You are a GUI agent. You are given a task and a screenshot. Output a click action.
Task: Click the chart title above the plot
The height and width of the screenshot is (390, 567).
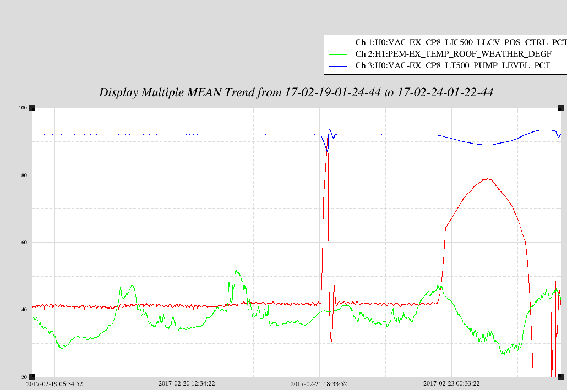tap(296, 92)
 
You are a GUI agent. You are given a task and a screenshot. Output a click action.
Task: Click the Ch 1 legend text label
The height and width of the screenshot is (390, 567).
tap(461, 42)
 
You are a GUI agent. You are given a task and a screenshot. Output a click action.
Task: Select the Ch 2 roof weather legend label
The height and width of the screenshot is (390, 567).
tap(454, 54)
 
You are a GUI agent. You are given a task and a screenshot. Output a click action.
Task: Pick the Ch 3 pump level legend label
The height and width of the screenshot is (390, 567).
tap(452, 65)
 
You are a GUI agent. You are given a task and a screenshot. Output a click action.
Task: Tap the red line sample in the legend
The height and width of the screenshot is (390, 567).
tap(338, 43)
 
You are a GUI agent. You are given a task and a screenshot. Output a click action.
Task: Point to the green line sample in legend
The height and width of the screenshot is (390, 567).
tap(338, 54)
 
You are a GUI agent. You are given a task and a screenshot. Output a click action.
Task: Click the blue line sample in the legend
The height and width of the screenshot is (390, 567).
tap(338, 66)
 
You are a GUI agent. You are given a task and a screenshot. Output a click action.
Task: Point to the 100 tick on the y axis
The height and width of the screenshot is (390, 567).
tap(23, 108)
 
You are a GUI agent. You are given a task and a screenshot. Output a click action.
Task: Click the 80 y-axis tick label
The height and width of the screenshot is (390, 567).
tap(24, 175)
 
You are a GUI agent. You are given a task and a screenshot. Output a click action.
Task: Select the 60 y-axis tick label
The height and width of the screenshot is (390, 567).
tap(24, 243)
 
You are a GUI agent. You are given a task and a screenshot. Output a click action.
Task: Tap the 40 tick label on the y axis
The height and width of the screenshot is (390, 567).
tap(24, 310)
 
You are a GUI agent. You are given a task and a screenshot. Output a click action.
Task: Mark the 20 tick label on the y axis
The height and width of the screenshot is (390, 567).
tap(24, 377)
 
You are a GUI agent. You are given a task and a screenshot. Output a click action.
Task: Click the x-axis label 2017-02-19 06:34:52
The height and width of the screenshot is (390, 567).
tap(54, 384)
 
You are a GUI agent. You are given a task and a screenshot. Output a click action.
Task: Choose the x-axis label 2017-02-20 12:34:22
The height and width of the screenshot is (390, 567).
tap(187, 383)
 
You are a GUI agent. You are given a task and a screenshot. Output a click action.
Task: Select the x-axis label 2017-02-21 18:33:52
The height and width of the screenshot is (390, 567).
tap(319, 384)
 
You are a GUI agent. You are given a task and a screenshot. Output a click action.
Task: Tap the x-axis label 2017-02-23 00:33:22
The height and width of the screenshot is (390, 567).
tap(451, 383)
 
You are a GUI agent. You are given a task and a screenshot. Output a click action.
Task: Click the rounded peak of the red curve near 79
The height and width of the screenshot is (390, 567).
tap(487, 179)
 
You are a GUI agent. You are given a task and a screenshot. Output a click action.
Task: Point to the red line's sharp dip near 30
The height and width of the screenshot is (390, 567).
tap(331, 342)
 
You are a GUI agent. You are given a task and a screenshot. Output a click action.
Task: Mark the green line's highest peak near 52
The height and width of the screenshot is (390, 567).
tap(236, 270)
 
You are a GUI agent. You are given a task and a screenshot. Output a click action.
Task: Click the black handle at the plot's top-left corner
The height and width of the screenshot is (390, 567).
tap(32, 108)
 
